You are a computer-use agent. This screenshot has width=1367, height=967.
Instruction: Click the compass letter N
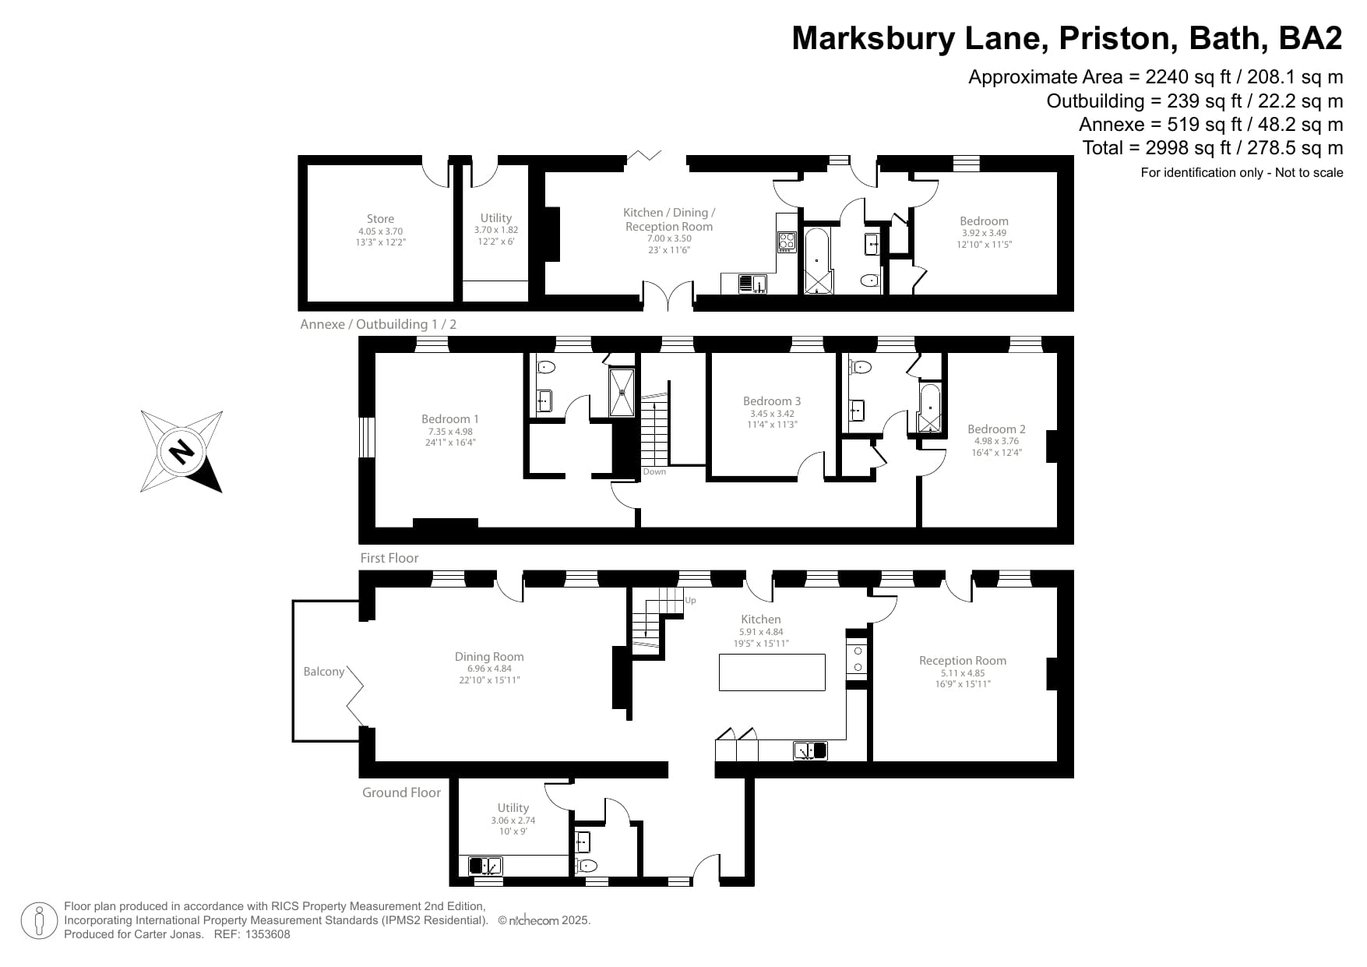[x=181, y=451]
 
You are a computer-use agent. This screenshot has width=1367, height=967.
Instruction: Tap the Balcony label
[x=323, y=672]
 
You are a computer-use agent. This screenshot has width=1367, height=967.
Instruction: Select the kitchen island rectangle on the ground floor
[x=771, y=672]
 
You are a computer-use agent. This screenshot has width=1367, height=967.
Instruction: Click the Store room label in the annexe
[x=380, y=219]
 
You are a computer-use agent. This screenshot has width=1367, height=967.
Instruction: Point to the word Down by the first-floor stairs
[x=654, y=471]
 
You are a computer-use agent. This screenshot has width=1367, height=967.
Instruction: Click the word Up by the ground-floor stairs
[x=690, y=600]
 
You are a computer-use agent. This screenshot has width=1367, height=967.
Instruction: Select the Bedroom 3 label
[x=771, y=401]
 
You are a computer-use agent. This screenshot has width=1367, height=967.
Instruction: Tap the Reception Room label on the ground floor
[x=962, y=661]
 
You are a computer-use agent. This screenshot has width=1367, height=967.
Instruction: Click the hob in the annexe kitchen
[x=786, y=242]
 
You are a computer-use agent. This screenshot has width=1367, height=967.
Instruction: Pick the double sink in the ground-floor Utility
[x=485, y=866]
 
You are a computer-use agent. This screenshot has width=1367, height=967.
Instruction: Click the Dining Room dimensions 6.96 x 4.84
[x=489, y=669]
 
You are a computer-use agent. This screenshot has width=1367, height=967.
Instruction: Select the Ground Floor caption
[x=401, y=792]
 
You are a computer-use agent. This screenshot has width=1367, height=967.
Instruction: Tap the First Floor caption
[x=389, y=558]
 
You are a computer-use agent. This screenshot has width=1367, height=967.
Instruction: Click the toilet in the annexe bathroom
[x=869, y=280]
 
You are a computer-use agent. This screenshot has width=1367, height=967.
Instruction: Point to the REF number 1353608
[x=264, y=934]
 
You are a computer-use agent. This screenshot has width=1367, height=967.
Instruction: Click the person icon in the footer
[x=38, y=920]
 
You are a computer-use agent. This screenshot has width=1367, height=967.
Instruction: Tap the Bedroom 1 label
[x=450, y=419]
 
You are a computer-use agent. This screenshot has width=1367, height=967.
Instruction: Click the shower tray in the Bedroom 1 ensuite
[x=622, y=392]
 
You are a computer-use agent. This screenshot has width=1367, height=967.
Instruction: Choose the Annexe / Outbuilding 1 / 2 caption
[x=378, y=324]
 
